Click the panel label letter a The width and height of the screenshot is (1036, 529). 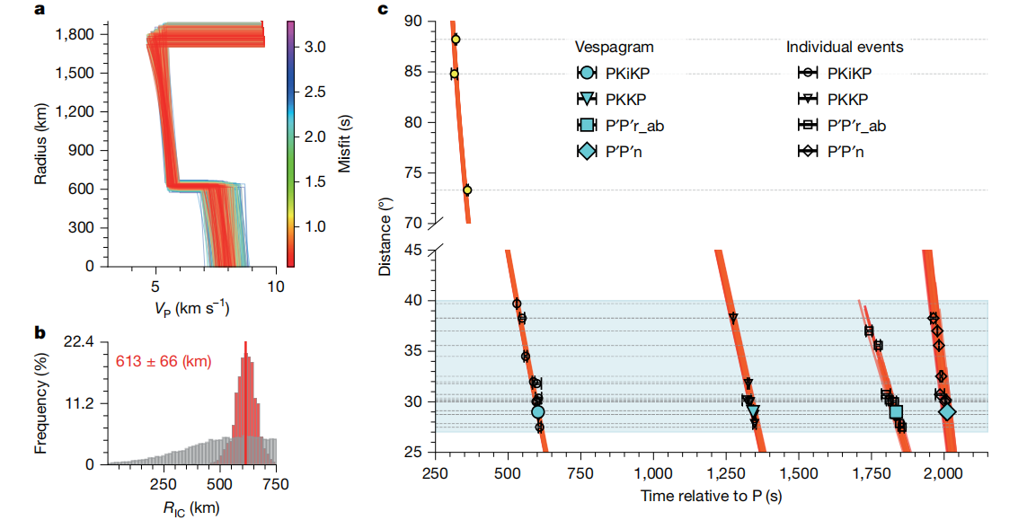(39, 10)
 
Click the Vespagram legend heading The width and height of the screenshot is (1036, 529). (615, 48)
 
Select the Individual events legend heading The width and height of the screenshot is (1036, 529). (845, 48)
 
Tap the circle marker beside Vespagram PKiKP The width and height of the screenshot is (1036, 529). (586, 74)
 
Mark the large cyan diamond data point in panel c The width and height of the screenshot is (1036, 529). (947, 412)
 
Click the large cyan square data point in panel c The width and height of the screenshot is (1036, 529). (896, 412)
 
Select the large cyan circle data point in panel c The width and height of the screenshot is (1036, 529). (537, 412)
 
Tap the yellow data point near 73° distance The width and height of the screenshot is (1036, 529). (467, 190)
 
